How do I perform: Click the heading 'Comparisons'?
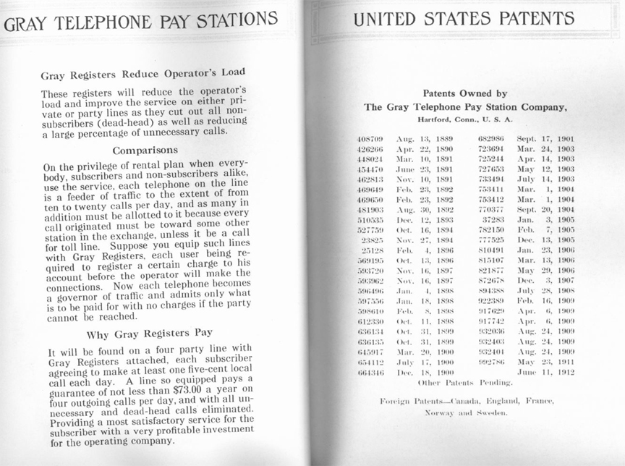coord(145,151)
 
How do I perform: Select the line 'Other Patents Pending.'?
coord(467,381)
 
